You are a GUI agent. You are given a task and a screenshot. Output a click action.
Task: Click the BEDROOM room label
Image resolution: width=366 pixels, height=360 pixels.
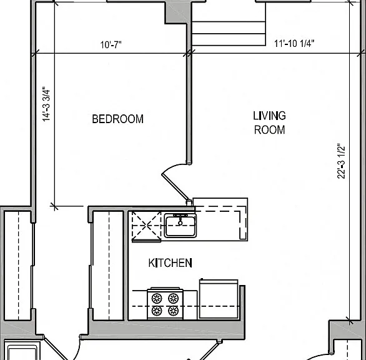click(117, 119)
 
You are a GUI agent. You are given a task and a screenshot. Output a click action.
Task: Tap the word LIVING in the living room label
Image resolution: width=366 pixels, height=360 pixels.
click(269, 116)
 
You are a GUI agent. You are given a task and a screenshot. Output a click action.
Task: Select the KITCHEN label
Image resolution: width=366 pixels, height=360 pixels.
click(170, 263)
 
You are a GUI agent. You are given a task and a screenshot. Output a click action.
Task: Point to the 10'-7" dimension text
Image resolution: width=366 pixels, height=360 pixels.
click(111, 44)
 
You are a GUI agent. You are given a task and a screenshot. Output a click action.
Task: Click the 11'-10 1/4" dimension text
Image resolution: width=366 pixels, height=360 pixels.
click(294, 44)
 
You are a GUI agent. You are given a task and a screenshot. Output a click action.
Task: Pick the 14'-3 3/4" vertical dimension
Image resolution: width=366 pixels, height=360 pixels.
click(46, 104)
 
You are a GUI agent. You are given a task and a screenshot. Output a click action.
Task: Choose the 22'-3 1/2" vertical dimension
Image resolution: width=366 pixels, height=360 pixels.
click(341, 161)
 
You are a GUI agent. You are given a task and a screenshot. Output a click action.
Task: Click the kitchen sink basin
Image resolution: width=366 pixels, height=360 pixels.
click(181, 226)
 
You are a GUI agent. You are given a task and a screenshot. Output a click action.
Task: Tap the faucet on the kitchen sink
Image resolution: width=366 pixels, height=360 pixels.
click(180, 219)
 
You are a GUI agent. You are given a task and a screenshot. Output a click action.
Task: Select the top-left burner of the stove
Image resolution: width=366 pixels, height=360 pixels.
click(157, 298)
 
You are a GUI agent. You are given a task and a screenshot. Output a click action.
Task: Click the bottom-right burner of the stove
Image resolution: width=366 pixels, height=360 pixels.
click(174, 311)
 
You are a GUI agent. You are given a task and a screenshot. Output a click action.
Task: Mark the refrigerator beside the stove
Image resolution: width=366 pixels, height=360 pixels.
click(219, 299)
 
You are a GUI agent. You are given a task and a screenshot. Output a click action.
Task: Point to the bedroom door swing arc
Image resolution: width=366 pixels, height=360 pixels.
click(173, 167)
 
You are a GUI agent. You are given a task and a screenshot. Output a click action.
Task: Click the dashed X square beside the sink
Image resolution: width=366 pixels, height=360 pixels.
click(146, 226)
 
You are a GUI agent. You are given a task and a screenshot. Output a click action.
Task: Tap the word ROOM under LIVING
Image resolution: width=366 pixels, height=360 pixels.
click(269, 130)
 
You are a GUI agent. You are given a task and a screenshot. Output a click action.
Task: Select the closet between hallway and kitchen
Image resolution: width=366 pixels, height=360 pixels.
click(108, 266)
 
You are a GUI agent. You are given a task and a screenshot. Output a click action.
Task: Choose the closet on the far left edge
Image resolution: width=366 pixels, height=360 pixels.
click(17, 266)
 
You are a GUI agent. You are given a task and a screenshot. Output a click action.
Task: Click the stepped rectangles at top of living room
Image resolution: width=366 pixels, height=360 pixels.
click(229, 33)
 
